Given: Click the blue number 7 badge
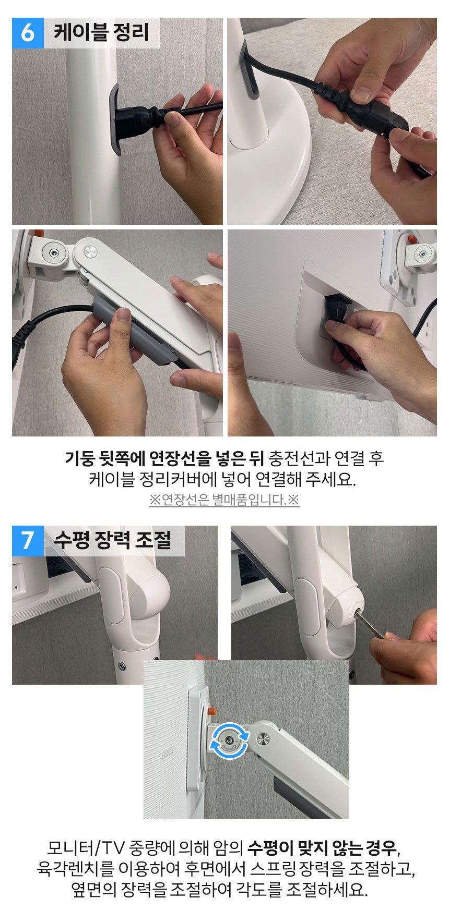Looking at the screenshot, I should (27, 541).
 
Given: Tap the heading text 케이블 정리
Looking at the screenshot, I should (101, 32).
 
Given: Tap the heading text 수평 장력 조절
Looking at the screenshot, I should (113, 540).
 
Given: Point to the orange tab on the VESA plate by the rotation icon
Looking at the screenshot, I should (212, 711).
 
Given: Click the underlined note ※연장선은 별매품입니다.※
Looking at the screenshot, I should (224, 500).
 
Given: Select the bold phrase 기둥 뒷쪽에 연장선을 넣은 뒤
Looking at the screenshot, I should (164, 458).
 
